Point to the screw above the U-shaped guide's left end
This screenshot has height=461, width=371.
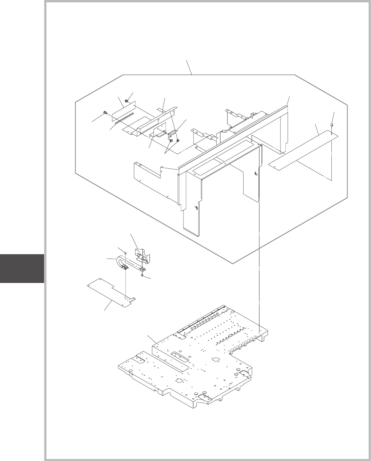(x=126, y=253)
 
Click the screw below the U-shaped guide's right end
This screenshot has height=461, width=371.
(x=141, y=275)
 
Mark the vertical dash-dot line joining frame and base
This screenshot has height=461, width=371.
(x=259, y=264)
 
